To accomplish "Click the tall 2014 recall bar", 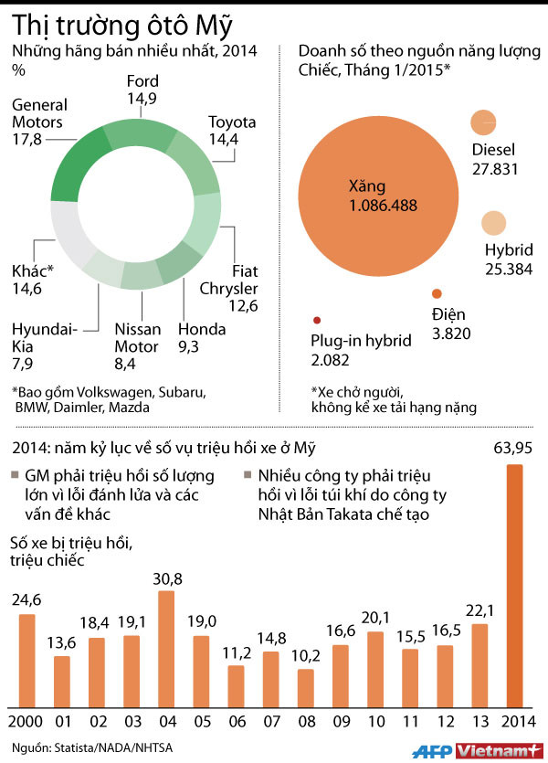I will click(x=514, y=585).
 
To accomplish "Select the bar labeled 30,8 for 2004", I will click(x=166, y=649).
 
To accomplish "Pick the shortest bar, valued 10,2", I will click(x=306, y=687).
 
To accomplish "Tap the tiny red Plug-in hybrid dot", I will click(x=316, y=320).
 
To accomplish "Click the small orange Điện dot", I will click(x=437, y=293).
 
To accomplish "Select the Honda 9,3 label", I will click(x=202, y=338).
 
